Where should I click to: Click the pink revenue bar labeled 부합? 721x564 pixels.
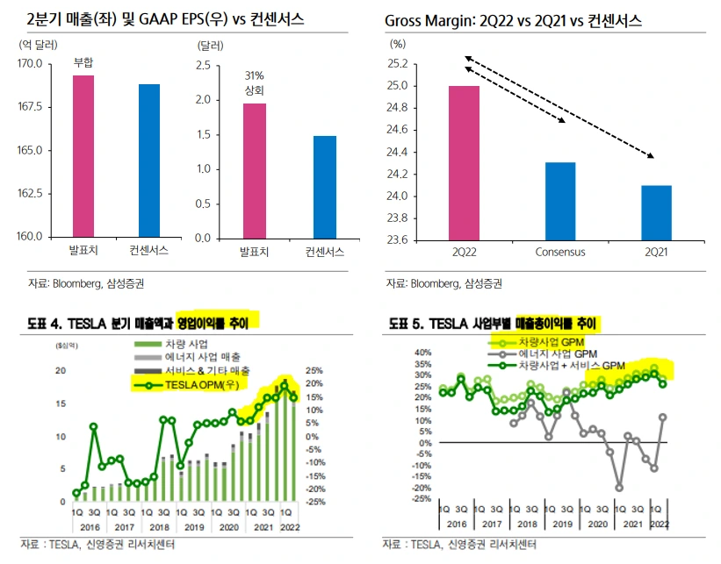coord(83,156)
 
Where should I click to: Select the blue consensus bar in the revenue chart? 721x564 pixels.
coord(149,161)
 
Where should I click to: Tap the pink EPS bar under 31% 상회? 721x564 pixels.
coord(255,170)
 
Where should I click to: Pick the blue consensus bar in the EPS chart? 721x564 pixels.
coord(324,187)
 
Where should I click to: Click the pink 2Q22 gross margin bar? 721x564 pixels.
coord(465,162)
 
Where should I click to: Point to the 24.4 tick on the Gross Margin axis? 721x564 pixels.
coord(398,152)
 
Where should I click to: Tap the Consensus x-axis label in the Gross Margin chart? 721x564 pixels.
coord(560,253)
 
